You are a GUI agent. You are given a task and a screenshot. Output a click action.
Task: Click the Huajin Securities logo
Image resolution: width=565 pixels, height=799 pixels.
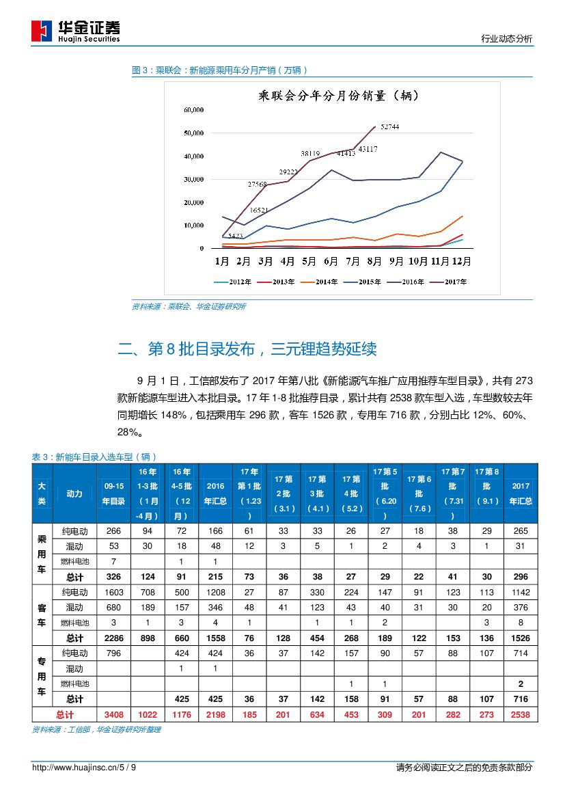coord(76,31)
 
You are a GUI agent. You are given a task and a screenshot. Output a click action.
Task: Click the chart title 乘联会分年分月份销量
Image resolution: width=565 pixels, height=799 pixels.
coord(339,96)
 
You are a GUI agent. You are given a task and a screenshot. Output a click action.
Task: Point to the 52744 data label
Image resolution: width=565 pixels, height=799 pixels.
coord(390,127)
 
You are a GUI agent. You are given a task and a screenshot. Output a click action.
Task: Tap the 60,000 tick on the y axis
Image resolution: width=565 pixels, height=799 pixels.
coord(193,110)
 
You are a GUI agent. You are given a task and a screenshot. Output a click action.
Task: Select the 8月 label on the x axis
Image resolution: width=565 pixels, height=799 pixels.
coord(374,261)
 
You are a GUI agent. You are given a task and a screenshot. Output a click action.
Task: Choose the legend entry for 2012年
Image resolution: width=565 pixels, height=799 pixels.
coord(234,282)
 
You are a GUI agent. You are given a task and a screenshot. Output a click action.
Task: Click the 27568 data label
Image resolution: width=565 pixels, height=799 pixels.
coord(258,185)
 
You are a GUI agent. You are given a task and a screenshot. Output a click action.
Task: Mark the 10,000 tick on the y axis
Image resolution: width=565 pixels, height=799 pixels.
coord(193,226)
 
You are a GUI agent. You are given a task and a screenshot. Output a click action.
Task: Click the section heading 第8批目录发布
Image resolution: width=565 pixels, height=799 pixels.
coord(247,349)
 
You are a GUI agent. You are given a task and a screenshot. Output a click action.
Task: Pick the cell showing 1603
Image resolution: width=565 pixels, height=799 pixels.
coord(113,592)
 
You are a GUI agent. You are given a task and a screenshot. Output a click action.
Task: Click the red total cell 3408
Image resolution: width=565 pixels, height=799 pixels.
coord(113,715)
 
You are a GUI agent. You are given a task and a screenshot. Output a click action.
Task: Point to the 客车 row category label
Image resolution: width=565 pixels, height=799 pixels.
coord(42,614)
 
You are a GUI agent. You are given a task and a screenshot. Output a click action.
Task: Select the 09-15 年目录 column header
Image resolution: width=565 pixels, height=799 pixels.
coord(113,493)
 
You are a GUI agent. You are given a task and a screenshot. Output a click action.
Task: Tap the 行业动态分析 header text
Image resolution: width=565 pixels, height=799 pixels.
coord(507,40)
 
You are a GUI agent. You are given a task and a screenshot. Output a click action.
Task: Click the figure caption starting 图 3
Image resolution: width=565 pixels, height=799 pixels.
coord(220,70)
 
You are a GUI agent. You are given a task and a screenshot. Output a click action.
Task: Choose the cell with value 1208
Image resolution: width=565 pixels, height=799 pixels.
coord(215,592)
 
